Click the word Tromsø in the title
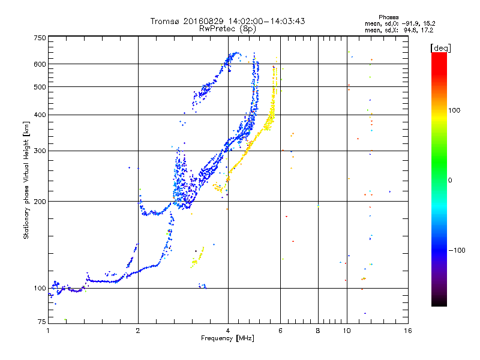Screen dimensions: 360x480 [x=164, y=21]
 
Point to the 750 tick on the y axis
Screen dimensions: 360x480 [x=40, y=37]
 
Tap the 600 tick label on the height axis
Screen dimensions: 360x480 [x=40, y=64]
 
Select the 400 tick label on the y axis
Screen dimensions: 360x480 [x=40, y=115]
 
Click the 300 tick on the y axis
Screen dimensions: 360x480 [x=40, y=151]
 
